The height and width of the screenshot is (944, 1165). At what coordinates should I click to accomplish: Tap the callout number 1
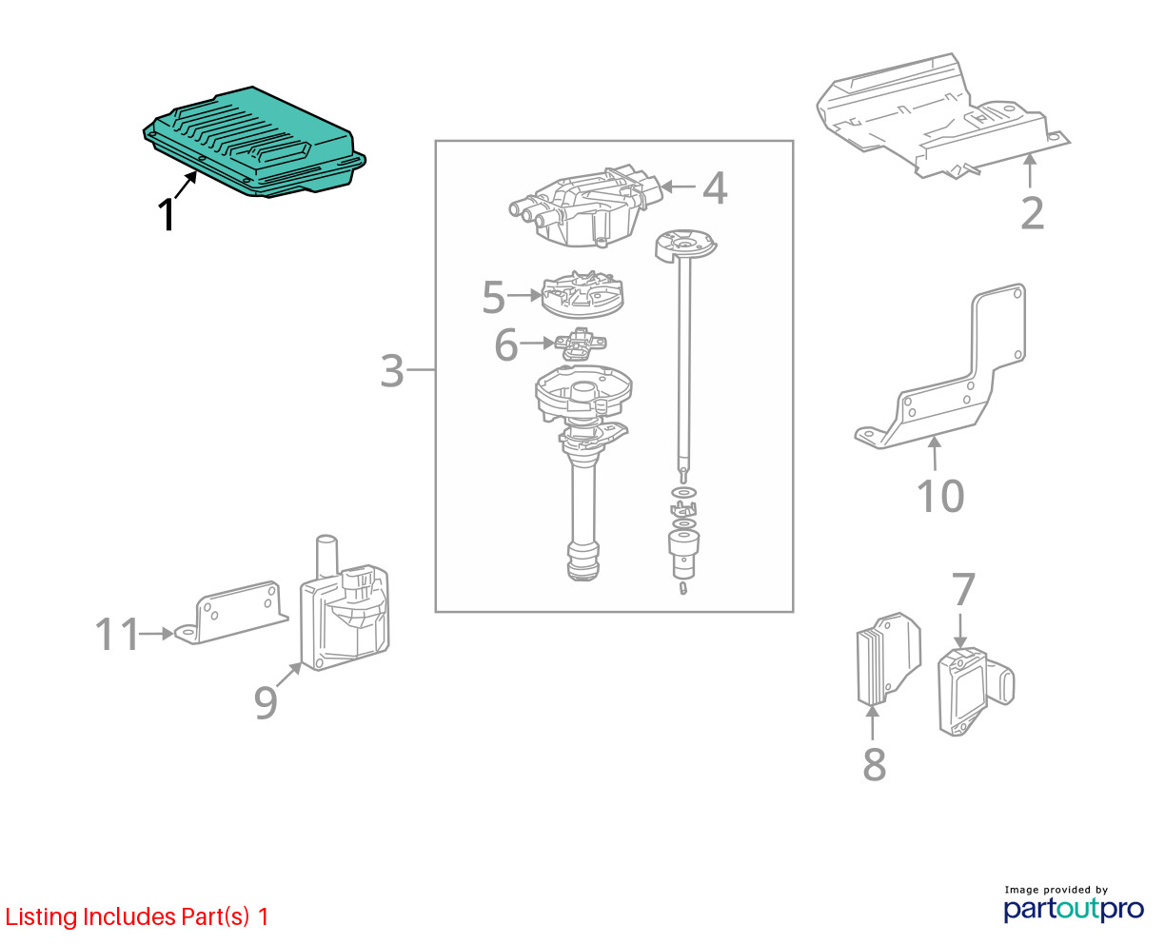pos(167,215)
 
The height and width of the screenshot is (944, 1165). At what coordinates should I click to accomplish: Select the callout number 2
pos(1032,213)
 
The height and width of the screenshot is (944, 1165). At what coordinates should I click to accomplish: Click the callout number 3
pos(392,370)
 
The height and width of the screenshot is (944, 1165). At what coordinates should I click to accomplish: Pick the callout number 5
pos(493,297)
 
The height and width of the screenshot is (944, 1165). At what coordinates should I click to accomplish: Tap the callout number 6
pos(505,344)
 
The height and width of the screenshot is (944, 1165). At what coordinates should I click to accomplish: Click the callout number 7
pos(963,590)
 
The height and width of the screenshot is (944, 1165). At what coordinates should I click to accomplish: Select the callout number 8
pos(874,763)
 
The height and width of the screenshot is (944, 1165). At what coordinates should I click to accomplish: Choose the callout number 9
pos(266,702)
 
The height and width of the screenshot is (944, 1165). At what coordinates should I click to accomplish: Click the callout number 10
pos(940,496)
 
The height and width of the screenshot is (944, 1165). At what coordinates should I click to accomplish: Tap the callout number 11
pos(117,635)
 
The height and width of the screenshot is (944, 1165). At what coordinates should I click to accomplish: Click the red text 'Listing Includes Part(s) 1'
pos(137,917)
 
